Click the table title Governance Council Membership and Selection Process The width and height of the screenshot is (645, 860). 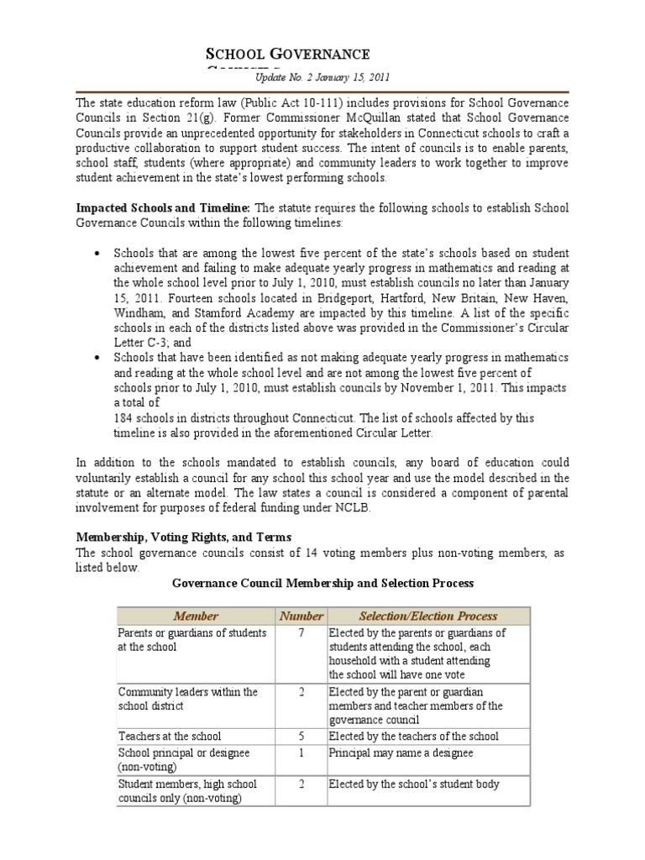[x=322, y=582]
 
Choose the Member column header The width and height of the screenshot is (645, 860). [x=195, y=616]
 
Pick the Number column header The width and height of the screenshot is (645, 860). [x=301, y=616]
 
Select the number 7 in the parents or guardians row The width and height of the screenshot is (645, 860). [x=301, y=633]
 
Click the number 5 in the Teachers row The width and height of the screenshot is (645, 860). [x=301, y=736]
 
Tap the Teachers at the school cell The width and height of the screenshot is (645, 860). [x=170, y=736]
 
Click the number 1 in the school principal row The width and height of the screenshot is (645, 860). [x=301, y=752]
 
